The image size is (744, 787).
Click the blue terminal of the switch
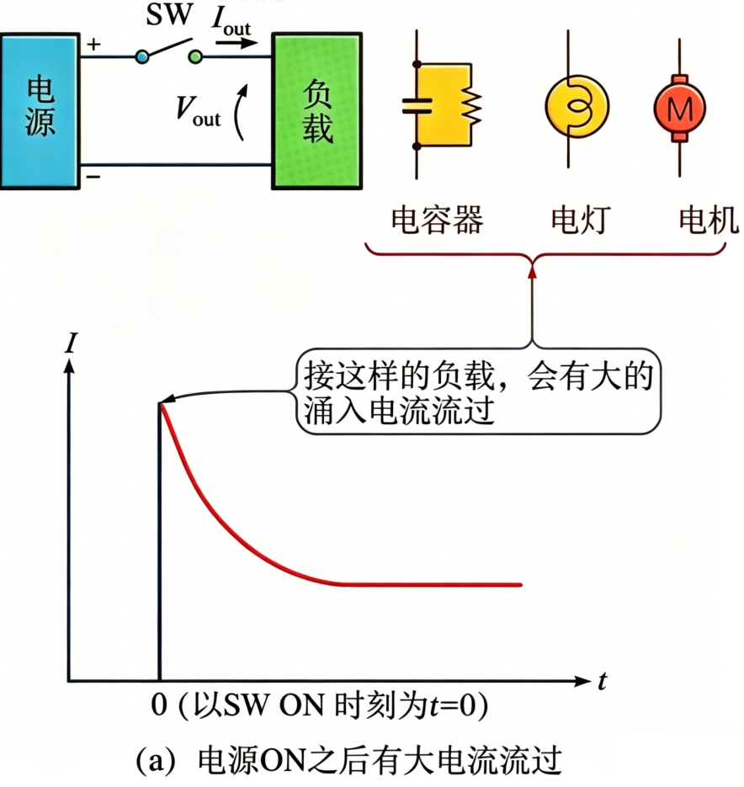click(x=142, y=56)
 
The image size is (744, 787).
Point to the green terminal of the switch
click(x=196, y=56)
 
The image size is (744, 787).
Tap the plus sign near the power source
click(x=93, y=44)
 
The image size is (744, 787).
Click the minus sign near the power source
click(x=93, y=176)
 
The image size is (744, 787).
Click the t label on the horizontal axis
click(x=603, y=682)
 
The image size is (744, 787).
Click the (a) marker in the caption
click(x=157, y=763)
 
